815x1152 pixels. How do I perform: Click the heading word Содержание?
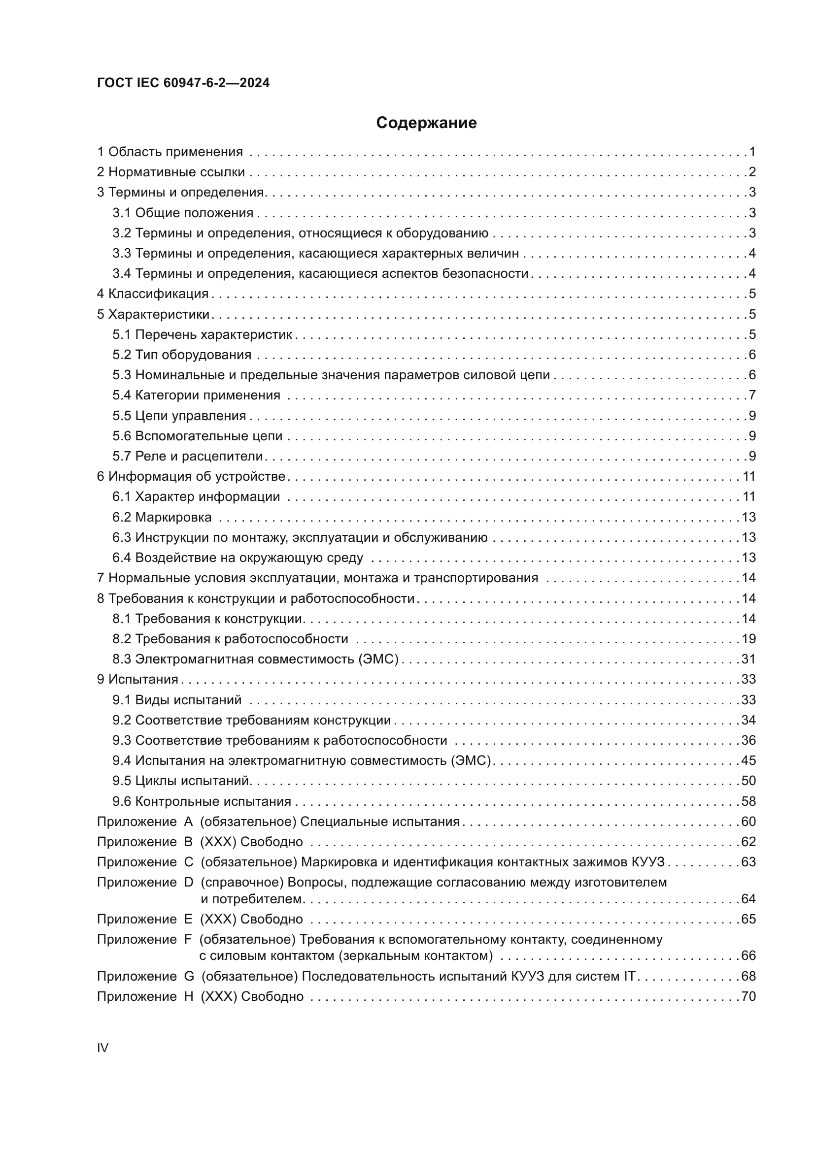tap(426, 123)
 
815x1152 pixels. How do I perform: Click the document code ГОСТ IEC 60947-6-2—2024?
tap(183, 83)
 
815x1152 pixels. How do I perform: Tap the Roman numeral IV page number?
tap(102, 1048)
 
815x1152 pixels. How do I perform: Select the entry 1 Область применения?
tap(170, 152)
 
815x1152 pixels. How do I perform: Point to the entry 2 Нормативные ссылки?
tap(170, 172)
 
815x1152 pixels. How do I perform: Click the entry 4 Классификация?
tap(153, 294)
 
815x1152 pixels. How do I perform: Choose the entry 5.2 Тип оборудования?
tap(182, 355)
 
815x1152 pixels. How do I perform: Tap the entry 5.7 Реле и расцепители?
tap(188, 456)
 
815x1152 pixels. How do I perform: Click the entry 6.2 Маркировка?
tap(162, 517)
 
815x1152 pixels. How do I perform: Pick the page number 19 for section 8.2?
tap(748, 639)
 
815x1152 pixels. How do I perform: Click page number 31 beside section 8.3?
tap(748, 659)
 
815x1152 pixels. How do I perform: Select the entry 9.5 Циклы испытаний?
tap(181, 781)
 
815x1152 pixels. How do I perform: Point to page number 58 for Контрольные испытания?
tap(748, 801)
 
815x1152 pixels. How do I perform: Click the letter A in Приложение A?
tap(189, 822)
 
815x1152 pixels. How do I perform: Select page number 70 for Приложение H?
tap(748, 996)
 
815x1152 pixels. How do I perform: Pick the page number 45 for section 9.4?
tap(748, 760)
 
